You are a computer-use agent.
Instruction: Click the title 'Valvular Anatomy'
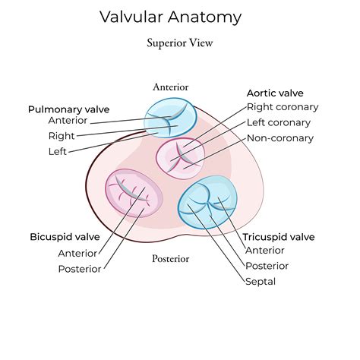click(180, 16)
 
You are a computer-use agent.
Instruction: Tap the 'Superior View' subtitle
click(180, 43)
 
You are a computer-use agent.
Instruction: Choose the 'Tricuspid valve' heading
click(278, 237)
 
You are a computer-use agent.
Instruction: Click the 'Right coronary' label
click(283, 107)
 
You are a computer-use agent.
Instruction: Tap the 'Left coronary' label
click(279, 122)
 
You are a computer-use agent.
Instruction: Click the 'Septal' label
click(260, 281)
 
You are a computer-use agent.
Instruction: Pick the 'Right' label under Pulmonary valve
click(62, 136)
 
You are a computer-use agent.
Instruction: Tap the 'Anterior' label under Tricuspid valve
click(264, 251)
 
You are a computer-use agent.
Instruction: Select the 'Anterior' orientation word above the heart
click(170, 87)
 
